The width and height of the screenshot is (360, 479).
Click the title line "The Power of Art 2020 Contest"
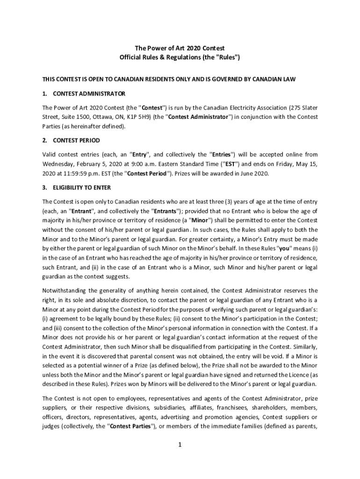tap(180, 48)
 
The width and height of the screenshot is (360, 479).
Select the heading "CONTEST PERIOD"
tap(76, 140)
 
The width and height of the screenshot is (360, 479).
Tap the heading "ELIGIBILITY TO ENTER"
tap(82, 188)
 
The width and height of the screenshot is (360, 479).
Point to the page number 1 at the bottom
tap(179, 444)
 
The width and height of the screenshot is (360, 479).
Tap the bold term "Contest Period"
tap(147, 174)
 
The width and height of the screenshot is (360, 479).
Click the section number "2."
tap(45, 140)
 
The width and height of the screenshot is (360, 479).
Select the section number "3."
tap(45, 188)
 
